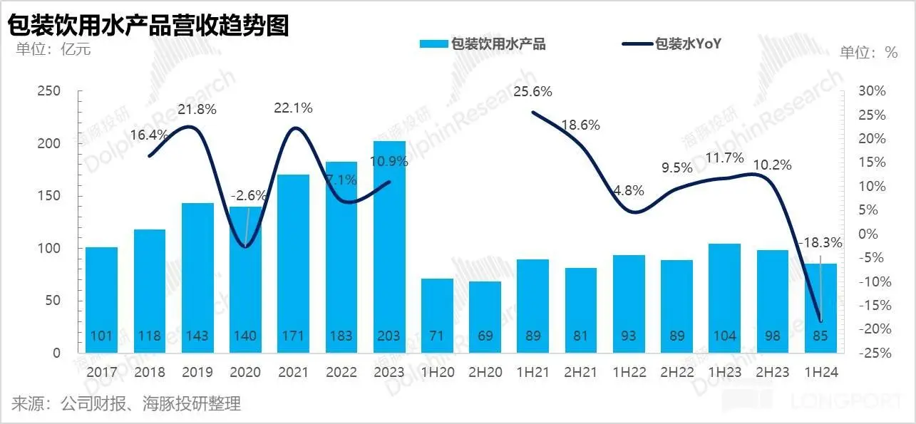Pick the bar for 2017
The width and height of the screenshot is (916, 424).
click(x=101, y=299)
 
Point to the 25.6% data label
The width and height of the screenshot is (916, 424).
click(x=532, y=91)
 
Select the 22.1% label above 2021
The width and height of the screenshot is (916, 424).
click(x=293, y=108)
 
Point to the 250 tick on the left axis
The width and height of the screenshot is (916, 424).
click(x=49, y=91)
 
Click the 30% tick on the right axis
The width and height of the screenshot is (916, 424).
click(x=872, y=91)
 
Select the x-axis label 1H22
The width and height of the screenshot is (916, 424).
click(x=629, y=372)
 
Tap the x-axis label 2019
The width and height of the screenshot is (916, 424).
click(x=197, y=372)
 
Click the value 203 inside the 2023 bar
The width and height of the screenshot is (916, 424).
click(x=389, y=336)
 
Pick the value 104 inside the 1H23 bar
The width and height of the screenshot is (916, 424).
click(x=725, y=336)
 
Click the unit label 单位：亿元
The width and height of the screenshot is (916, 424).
click(x=49, y=49)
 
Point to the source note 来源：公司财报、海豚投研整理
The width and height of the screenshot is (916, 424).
click(x=126, y=404)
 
